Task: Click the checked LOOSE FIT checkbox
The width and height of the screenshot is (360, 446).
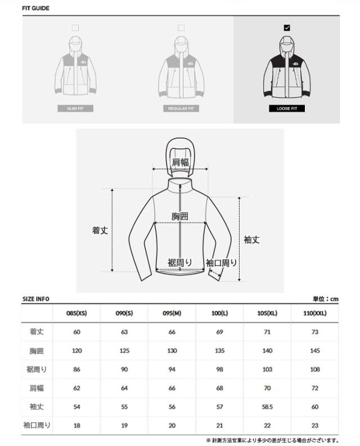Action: tap(287, 27)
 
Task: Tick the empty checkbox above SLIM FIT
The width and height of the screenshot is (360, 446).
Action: tap(75, 27)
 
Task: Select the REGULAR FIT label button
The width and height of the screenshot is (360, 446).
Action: tap(181, 108)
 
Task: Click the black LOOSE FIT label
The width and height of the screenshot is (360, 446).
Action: tap(287, 108)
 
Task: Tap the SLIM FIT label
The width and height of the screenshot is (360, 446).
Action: tap(75, 108)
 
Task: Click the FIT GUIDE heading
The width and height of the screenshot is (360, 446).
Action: tap(36, 8)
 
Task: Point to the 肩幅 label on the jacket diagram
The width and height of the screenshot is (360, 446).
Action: tap(180, 162)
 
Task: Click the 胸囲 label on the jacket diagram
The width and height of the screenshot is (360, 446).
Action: tap(180, 216)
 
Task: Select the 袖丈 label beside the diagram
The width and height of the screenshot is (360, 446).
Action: tap(252, 239)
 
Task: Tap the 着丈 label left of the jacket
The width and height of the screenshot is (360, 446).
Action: tap(100, 230)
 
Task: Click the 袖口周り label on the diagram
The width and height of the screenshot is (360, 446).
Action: tap(221, 262)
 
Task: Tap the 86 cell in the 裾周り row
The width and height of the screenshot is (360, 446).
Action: tap(76, 369)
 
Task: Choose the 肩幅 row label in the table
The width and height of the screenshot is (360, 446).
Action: tap(37, 388)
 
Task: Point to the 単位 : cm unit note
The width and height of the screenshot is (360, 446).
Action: tap(326, 299)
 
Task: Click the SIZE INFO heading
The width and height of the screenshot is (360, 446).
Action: tap(36, 299)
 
